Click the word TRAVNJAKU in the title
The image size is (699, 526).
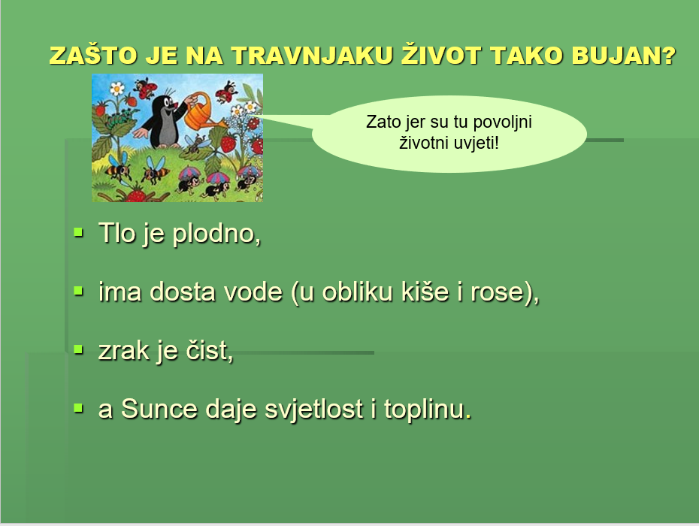(x=312, y=56)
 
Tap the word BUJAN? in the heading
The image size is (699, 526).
(x=624, y=56)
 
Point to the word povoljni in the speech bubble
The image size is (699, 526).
(x=502, y=122)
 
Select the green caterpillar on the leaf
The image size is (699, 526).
(x=118, y=119)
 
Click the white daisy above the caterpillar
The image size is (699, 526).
(x=116, y=89)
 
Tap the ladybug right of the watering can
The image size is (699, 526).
(x=227, y=92)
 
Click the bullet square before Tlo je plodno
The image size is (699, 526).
(x=78, y=232)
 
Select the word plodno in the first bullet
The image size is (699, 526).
(x=216, y=234)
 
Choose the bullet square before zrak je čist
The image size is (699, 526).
(x=78, y=349)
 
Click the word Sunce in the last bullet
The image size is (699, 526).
(x=159, y=409)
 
